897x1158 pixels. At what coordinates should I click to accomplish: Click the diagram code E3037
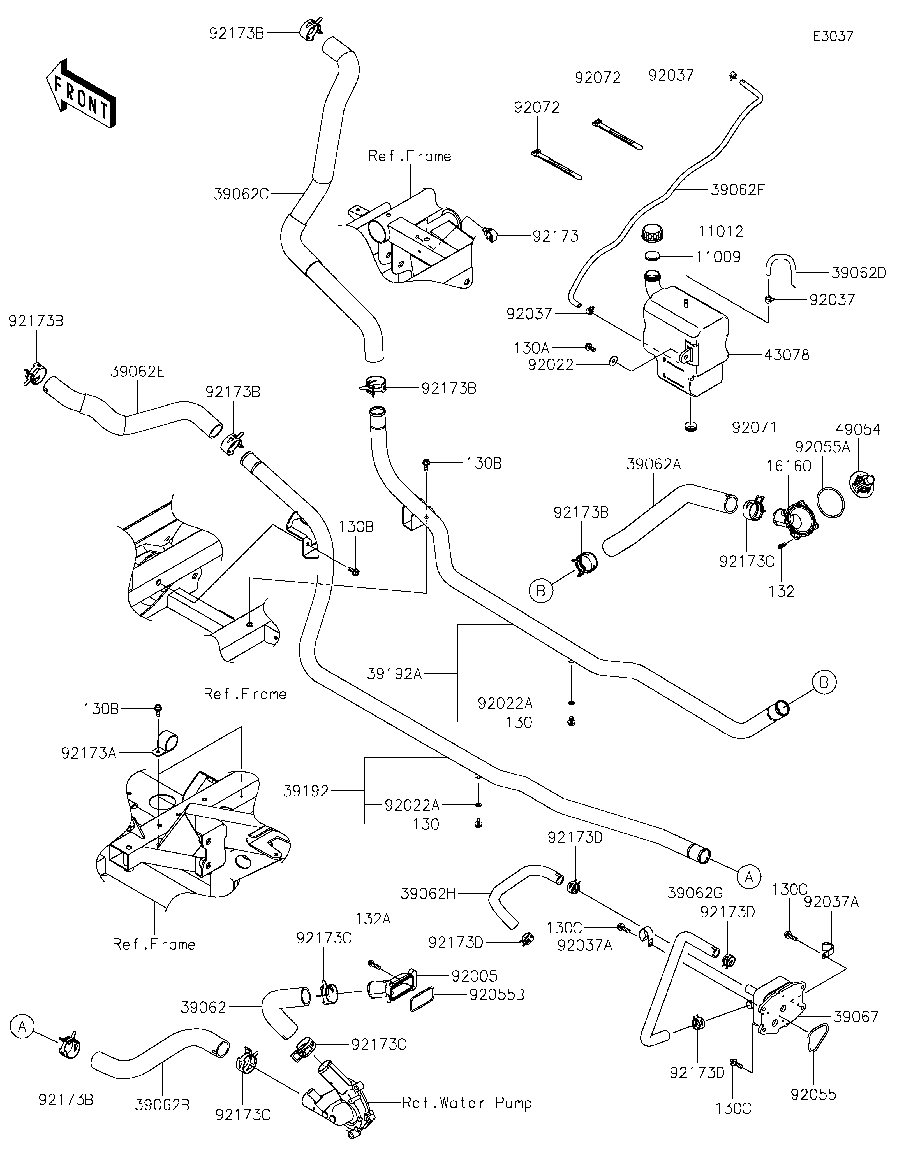(833, 37)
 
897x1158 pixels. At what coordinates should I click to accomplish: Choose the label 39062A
(653, 464)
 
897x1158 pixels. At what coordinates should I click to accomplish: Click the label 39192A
(395, 674)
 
